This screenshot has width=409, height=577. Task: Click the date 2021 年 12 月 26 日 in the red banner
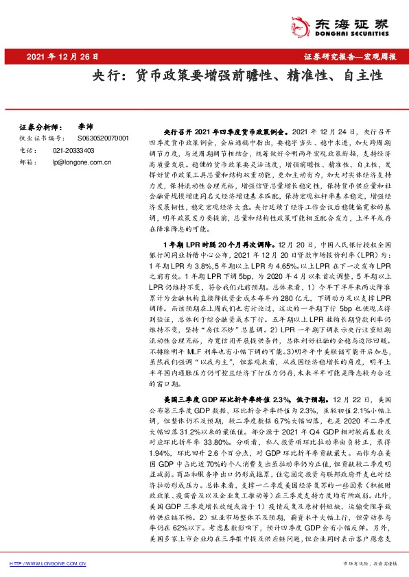click(x=62, y=57)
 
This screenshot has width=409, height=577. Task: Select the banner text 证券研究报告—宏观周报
click(x=349, y=57)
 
